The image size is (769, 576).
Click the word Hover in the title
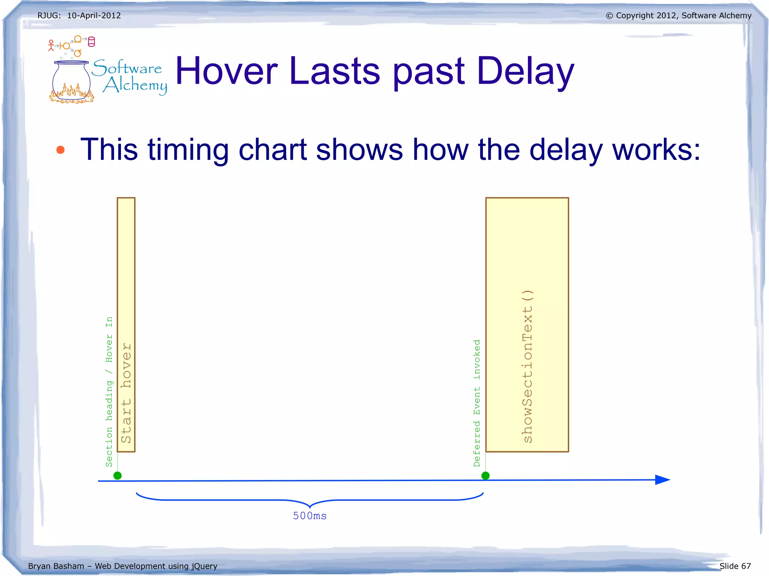point(226,71)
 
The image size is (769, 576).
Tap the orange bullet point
point(60,150)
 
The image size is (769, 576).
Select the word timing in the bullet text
point(188,150)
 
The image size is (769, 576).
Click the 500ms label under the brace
point(310,516)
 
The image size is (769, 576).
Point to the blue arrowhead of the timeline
point(663,480)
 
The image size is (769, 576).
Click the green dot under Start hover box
point(118,476)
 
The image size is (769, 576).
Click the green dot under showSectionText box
point(486,476)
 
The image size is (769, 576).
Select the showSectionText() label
point(528,366)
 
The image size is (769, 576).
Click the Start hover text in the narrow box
point(126,393)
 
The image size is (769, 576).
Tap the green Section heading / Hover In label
point(109,392)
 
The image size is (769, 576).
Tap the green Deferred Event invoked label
point(477,403)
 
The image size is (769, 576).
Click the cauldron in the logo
point(71,81)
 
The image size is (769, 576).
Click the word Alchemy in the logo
point(135,85)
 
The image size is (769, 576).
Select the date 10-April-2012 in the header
point(94,16)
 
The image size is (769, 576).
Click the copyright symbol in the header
point(609,16)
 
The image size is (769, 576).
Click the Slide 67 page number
point(735,566)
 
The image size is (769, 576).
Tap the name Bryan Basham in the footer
point(56,566)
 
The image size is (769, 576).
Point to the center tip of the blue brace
point(310,507)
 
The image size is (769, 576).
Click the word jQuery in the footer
point(205,566)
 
